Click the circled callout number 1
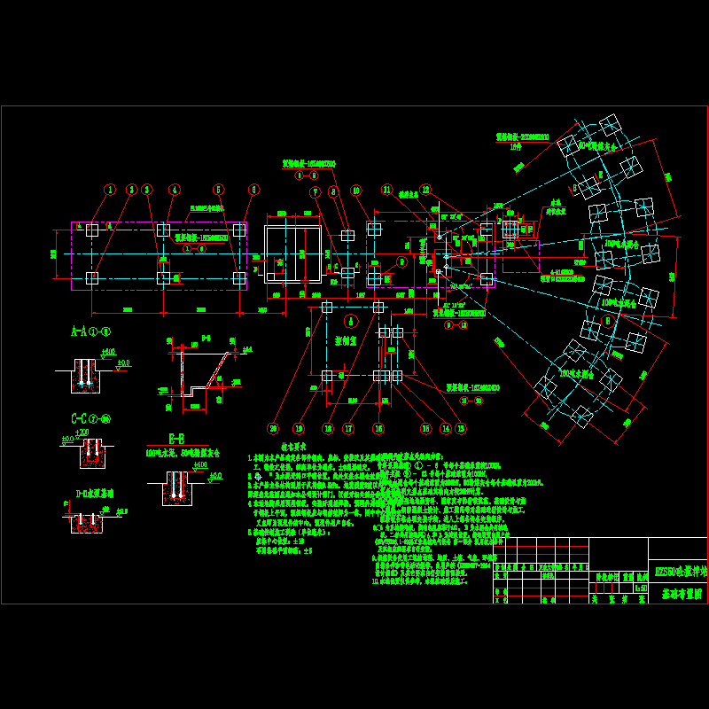[x=110, y=189]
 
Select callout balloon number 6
[x=253, y=189]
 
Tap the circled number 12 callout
[x=425, y=189]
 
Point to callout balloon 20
[x=274, y=428]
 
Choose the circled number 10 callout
[x=355, y=190]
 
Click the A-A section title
[x=90, y=332]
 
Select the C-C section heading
[x=90, y=418]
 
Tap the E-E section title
[x=177, y=437]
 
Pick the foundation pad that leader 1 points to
[x=92, y=230]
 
